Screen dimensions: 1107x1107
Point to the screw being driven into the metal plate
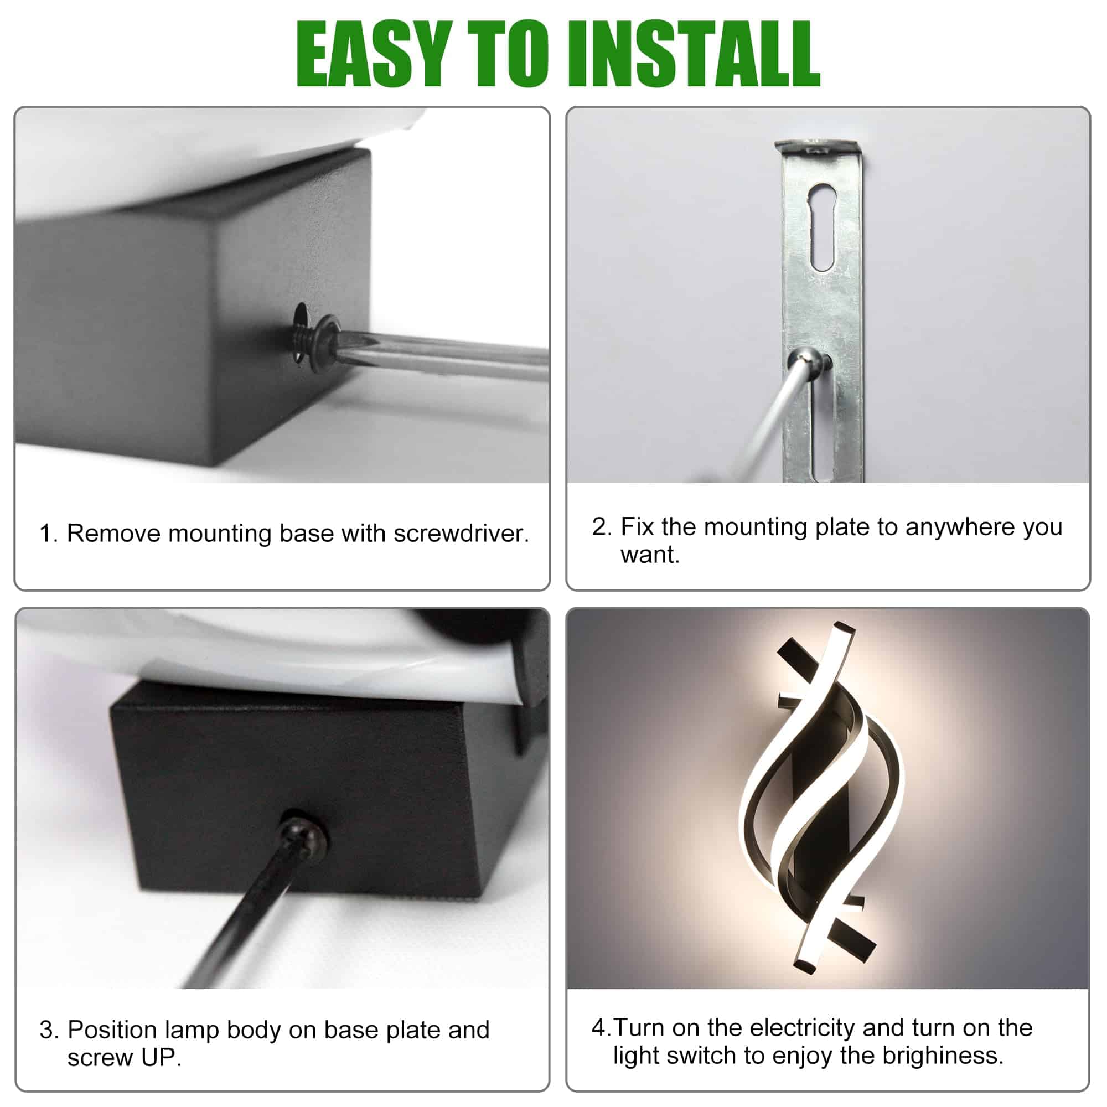(810, 360)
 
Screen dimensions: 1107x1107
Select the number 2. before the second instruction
(602, 526)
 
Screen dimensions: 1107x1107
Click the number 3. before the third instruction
(49, 1030)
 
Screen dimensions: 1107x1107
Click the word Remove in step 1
(113, 534)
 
